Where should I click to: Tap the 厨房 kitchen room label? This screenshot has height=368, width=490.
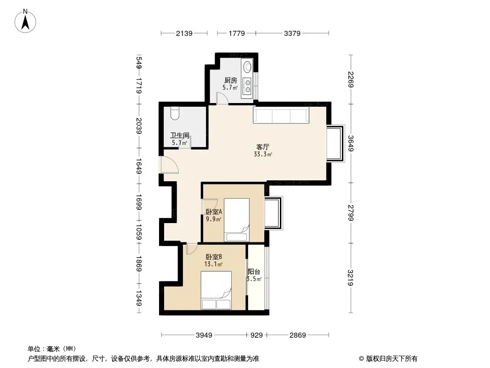point(231,80)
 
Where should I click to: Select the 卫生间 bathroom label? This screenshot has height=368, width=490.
point(180,135)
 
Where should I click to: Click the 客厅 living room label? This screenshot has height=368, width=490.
point(263,147)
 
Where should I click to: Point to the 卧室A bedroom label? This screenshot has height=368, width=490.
point(214,212)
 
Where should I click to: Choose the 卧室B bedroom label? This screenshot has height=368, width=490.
point(214,257)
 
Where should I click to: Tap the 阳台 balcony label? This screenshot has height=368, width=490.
point(254,272)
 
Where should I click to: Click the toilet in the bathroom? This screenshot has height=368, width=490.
point(175,114)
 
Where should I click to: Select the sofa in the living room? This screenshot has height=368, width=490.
point(281,115)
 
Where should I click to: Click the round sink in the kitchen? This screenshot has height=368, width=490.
point(247,67)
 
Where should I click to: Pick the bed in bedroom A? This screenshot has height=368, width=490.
point(237,220)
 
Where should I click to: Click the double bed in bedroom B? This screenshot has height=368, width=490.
point(216,290)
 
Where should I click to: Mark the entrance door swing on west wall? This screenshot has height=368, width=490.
point(169,165)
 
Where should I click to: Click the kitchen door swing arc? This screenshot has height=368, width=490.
point(222,98)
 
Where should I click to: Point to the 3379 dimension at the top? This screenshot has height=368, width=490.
point(292,33)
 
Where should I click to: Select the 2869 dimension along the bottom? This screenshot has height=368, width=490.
point(297,335)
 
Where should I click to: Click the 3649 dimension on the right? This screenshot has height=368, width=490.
point(351,144)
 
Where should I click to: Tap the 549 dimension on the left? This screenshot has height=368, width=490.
point(139,63)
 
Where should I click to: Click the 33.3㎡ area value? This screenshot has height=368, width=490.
point(263,154)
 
